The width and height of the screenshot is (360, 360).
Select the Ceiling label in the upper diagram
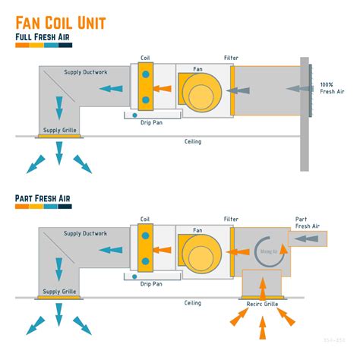193,141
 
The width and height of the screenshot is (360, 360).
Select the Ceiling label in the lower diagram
193,303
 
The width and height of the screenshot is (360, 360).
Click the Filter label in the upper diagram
231,58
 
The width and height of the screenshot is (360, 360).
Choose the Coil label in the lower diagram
145,219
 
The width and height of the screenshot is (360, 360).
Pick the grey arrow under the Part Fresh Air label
307,238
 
